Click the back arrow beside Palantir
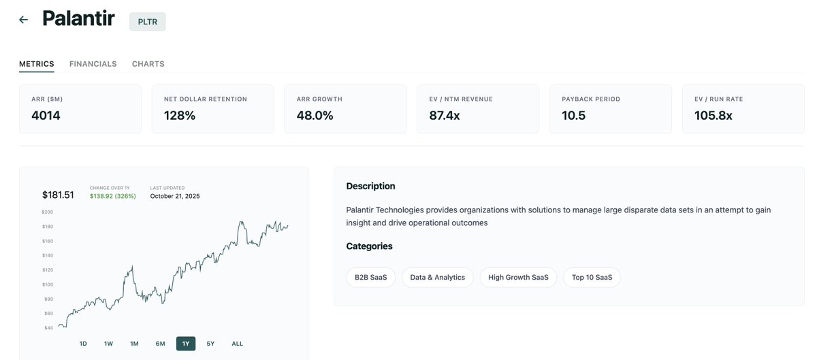24,20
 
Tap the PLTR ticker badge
148,21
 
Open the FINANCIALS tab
93,64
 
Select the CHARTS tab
148,64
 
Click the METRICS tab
37,64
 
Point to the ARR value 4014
46,116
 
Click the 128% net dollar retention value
180,116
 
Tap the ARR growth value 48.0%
315,116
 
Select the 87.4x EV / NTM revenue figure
445,116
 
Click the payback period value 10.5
574,116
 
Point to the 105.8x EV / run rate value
714,116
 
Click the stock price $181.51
58,195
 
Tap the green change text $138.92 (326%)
113,196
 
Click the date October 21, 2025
175,196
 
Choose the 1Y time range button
186,344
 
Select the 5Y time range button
210,344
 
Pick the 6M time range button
160,344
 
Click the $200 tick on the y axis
48,212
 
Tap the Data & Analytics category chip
438,278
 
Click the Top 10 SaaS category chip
592,278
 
